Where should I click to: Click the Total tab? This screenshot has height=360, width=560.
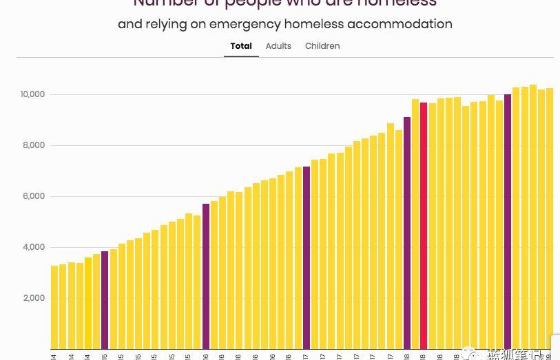[241, 46]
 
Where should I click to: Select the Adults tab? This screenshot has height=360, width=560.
[278, 46]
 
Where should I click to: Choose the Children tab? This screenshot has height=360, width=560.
[322, 46]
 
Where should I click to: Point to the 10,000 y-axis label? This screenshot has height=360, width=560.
[32, 94]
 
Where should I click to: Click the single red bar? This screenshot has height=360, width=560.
[424, 227]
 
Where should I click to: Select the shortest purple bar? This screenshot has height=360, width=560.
[105, 300]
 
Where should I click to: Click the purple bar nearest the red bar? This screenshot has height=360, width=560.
[407, 234]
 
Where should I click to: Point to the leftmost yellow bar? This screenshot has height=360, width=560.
[54, 307]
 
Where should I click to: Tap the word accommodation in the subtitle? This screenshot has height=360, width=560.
[400, 24]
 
